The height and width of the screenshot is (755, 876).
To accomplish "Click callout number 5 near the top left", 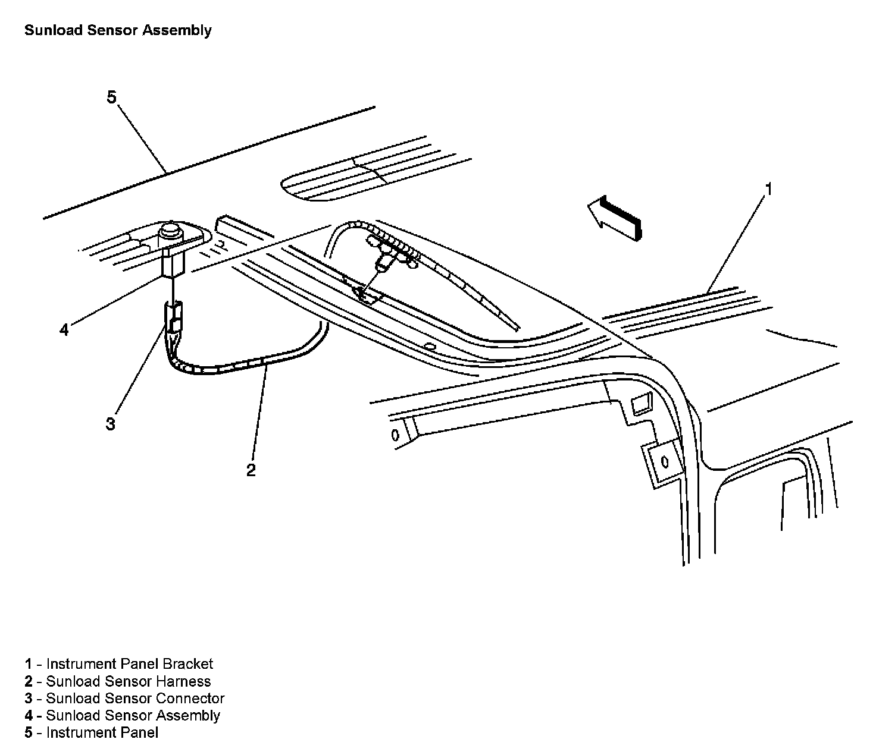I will (x=111, y=97).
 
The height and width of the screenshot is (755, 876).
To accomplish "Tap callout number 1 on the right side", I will (x=768, y=190).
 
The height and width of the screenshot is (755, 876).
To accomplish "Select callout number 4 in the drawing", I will (x=64, y=329).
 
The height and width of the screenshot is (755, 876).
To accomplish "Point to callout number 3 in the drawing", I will (x=111, y=424).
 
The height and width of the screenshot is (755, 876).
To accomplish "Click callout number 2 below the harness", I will (x=251, y=470).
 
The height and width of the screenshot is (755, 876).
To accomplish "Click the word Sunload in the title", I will (x=53, y=30).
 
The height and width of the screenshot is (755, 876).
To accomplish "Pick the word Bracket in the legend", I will (x=187, y=664).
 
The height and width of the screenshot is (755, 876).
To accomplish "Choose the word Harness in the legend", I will (x=183, y=681).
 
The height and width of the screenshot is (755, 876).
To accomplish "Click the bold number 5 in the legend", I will (x=29, y=733).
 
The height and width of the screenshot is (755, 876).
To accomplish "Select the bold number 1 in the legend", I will (x=29, y=664).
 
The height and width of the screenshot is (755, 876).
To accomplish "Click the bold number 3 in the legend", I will (x=29, y=699).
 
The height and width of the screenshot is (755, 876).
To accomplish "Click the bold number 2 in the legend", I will (x=29, y=681).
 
